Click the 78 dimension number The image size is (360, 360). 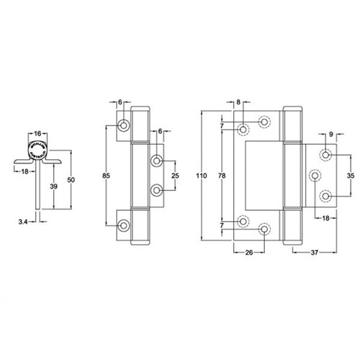coord(223,174)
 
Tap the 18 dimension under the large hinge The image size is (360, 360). coord(325,218)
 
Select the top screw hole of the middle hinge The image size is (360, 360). coord(125,126)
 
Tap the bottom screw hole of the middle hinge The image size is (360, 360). coord(125,224)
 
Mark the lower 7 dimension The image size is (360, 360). coord(222,225)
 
